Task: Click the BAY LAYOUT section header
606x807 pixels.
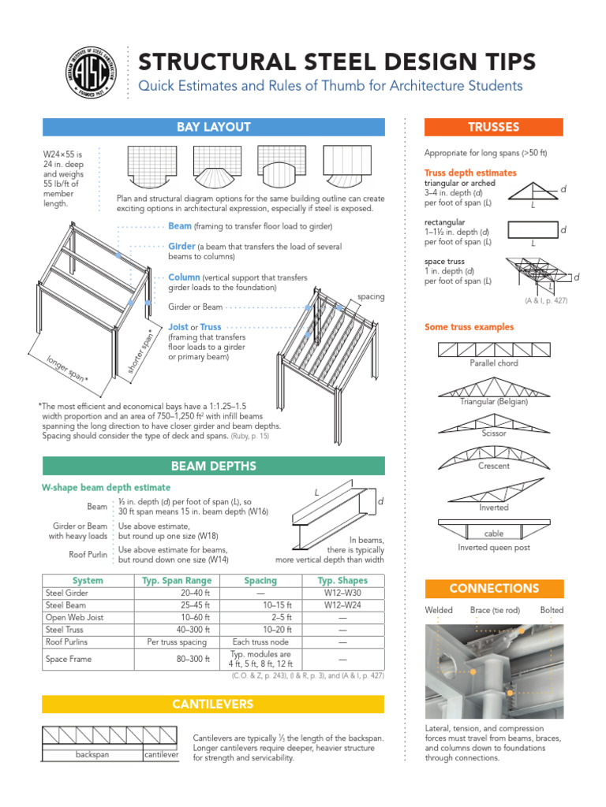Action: [213, 127]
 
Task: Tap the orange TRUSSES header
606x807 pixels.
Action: [493, 127]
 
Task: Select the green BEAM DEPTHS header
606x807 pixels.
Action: [213, 466]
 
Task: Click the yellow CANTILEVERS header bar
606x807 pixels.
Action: [213, 704]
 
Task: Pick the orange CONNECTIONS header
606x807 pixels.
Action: [493, 588]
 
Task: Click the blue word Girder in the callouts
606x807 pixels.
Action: [181, 247]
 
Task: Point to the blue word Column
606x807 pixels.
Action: [184, 277]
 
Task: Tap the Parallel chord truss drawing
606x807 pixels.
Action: [494, 349]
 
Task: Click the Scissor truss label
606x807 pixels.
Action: [494, 433]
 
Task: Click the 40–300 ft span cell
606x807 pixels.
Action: [195, 630]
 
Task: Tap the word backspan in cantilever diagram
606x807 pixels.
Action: [91, 755]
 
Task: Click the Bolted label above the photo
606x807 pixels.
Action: [552, 610]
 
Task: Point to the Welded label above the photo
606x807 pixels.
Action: [439, 610]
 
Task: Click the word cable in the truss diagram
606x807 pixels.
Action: [494, 534]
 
